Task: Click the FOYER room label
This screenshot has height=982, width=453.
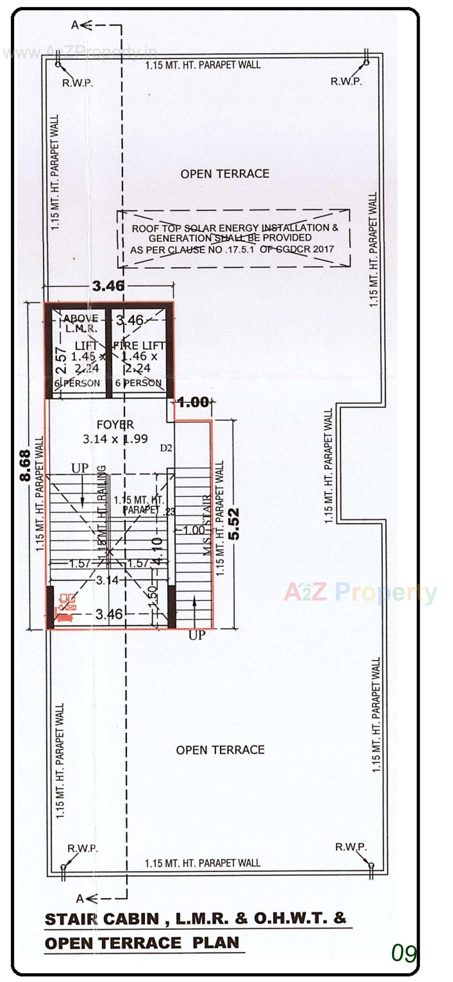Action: (x=115, y=424)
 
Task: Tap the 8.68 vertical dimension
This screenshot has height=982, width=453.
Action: (x=25, y=465)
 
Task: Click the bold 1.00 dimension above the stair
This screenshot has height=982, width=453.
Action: (x=193, y=402)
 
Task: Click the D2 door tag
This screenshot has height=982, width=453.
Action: (x=166, y=448)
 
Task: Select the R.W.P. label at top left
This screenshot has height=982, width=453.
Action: (x=78, y=83)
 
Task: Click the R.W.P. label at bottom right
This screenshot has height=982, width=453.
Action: (x=351, y=847)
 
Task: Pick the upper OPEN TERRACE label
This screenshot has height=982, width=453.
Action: (x=225, y=174)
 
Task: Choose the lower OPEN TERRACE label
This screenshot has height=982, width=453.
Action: (x=220, y=750)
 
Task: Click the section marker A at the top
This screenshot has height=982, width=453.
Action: (x=75, y=25)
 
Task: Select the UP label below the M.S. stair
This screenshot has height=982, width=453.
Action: (x=197, y=635)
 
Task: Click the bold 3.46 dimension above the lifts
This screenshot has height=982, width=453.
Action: (x=108, y=286)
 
